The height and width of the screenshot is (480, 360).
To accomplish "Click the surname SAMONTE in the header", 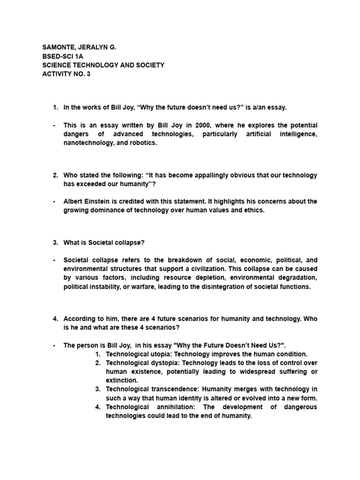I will click(59, 47).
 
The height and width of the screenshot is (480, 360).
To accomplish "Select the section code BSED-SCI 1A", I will click(62, 56).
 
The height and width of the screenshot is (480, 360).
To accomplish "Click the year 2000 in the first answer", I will click(179, 126).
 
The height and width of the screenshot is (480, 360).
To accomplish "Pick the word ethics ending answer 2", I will click(254, 210).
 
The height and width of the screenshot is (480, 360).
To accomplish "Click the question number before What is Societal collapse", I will click(55, 242).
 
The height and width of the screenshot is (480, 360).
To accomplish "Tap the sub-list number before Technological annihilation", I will click(98, 406).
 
